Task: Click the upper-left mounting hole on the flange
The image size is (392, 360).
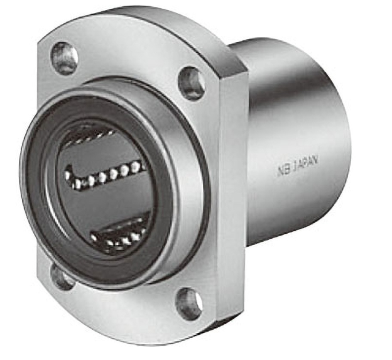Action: pyautogui.click(x=65, y=57)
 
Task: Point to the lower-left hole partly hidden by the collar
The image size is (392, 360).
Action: pyautogui.click(x=62, y=278)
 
